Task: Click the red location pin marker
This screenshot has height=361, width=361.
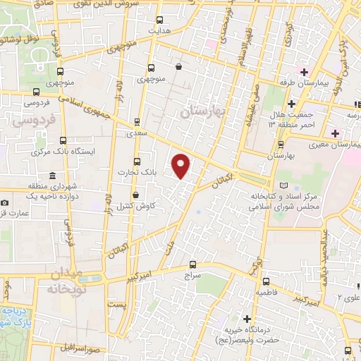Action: coord(182,165)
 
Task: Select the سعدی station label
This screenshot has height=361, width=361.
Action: coord(137,133)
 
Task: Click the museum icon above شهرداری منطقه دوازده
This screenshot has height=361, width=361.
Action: coord(51,176)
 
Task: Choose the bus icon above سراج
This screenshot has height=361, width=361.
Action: coord(192,266)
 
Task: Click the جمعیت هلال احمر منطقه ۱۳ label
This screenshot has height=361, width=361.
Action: coord(290,121)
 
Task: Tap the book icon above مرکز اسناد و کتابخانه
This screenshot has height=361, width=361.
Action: coord(284,184)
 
